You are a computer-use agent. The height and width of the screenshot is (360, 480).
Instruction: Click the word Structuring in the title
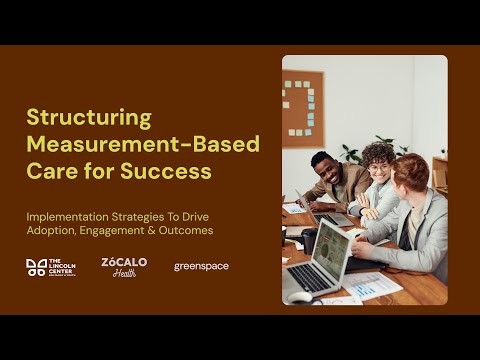pyautogui.click(x=88, y=118)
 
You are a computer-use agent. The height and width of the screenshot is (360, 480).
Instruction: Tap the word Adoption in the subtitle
pyautogui.click(x=52, y=231)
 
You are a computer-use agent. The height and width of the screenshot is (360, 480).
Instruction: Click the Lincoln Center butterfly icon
pyautogui.click(x=35, y=267)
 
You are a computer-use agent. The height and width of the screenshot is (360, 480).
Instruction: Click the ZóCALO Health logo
pyautogui.click(x=124, y=267)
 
